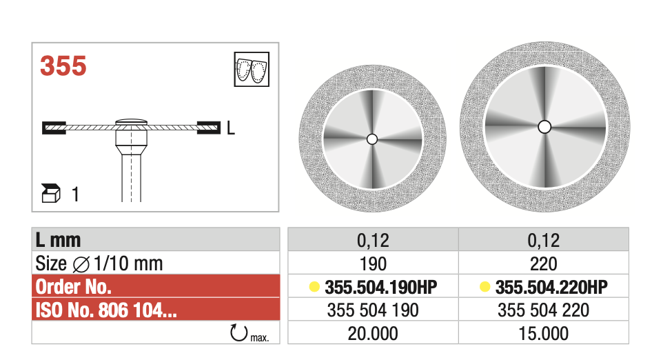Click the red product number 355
pyautogui.click(x=63, y=66)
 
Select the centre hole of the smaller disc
pyautogui.click(x=372, y=139)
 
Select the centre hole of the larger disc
pyautogui.click(x=544, y=126)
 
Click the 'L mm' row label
pyautogui.click(x=59, y=239)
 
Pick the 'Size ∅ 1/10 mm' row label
pyautogui.click(x=99, y=263)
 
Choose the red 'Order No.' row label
pyautogui.click(x=72, y=287)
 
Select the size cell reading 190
pyautogui.click(x=373, y=263)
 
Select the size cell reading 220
pyautogui.click(x=544, y=263)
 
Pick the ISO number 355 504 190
pyautogui.click(x=373, y=310)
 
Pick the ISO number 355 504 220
pyautogui.click(x=544, y=310)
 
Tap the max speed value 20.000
pyautogui.click(x=373, y=334)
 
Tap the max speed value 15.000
pyautogui.click(x=544, y=334)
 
